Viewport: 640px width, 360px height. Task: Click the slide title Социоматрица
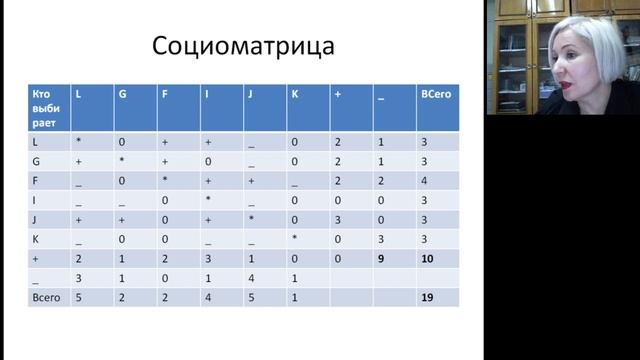point(242,47)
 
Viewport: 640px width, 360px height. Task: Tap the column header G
point(122,93)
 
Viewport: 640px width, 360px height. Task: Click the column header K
point(294,93)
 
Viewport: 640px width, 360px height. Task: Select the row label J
point(35,219)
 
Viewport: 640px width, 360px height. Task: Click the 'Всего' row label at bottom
point(45,297)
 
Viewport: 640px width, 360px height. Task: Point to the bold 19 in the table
point(426,298)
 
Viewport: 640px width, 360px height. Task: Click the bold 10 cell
point(426,259)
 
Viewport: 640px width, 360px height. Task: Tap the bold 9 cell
point(381,259)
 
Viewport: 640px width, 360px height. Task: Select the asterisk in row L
point(78,143)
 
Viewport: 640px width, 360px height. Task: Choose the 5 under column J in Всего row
point(251,297)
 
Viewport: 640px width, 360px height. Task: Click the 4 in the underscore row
point(251,278)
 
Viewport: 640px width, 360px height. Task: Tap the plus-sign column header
point(338,93)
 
